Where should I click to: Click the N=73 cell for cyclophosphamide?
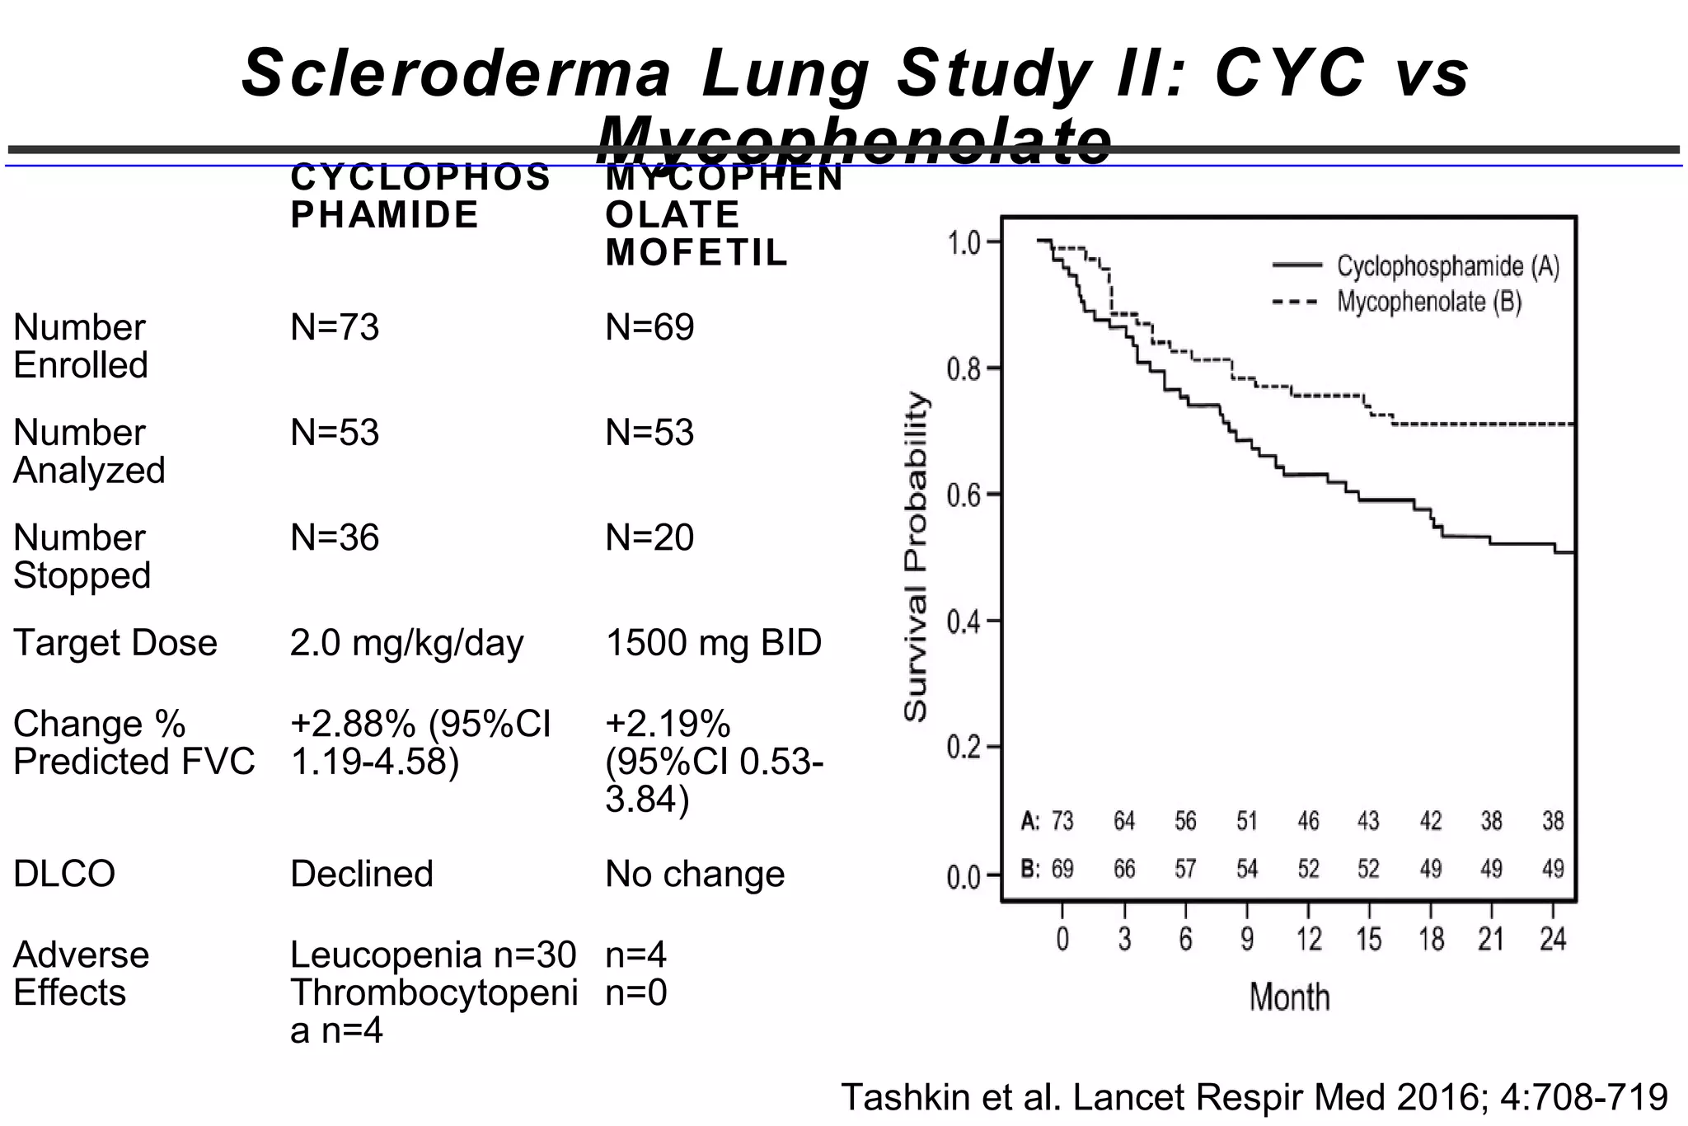tap(335, 328)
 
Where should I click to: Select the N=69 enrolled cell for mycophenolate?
tap(649, 328)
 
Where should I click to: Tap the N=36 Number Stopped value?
tap(335, 538)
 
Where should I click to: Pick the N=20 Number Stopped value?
tap(649, 538)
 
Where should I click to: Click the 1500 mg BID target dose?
tap(714, 643)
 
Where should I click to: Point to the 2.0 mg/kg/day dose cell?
tap(406, 643)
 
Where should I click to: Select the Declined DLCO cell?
tap(362, 874)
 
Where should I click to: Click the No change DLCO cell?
tap(695, 874)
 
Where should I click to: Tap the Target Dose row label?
tap(115, 643)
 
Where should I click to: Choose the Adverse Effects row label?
tap(81, 974)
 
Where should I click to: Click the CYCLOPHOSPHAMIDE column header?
tap(420, 196)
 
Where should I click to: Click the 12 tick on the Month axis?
tap(1308, 940)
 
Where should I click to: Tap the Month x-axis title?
tap(1289, 997)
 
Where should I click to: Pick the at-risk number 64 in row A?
tap(1124, 821)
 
